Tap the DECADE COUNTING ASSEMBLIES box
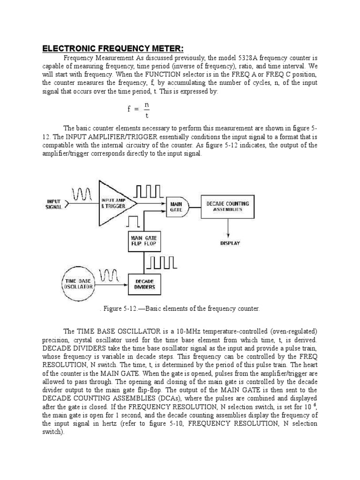[228, 206]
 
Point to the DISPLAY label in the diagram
[230, 243]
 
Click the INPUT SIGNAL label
[54, 204]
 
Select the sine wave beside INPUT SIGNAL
[81, 192]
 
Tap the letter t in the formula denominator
[147, 115]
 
